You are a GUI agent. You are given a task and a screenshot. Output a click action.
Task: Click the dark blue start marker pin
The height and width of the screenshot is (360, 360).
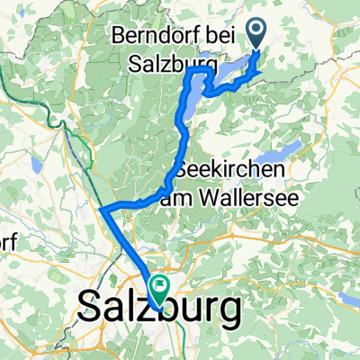(257, 34)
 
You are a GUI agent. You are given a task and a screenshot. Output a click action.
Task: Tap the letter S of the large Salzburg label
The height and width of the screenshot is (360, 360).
(91, 310)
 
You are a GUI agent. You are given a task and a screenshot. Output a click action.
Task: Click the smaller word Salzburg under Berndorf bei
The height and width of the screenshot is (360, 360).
(163, 66)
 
